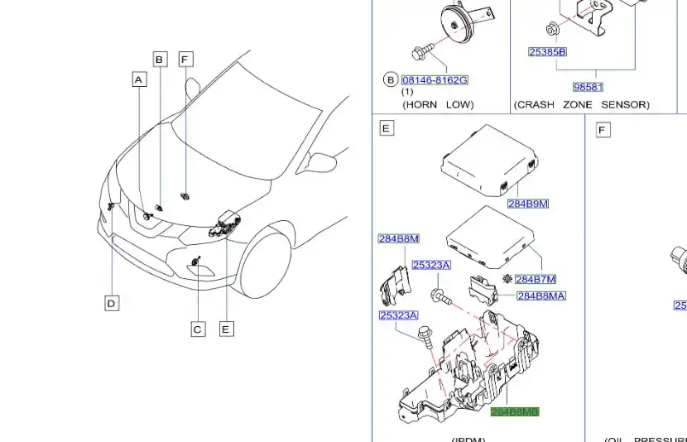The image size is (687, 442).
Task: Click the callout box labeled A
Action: [x=139, y=79]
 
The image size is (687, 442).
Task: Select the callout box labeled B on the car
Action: [x=160, y=59]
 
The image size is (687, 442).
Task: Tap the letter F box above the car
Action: [x=186, y=59]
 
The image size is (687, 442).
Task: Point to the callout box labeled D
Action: [x=112, y=303]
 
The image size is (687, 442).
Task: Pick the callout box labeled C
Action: [x=197, y=329]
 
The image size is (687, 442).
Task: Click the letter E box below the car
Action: [x=226, y=329]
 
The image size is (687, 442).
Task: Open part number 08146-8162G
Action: [x=435, y=80]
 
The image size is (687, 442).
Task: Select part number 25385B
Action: [x=547, y=52]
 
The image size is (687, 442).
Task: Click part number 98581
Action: [x=588, y=87]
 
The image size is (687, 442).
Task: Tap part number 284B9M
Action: [x=528, y=204]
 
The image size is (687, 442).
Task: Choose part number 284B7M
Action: [x=535, y=280]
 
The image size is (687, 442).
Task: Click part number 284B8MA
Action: [x=541, y=296]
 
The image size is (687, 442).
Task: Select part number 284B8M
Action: [x=398, y=239]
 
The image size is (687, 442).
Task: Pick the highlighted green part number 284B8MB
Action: [x=515, y=411]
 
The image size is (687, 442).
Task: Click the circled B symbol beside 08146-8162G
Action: [x=390, y=80]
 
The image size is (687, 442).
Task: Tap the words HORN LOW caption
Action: [x=438, y=105]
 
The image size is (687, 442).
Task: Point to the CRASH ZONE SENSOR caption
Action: [x=581, y=105]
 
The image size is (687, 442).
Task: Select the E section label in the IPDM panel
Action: [x=386, y=128]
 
